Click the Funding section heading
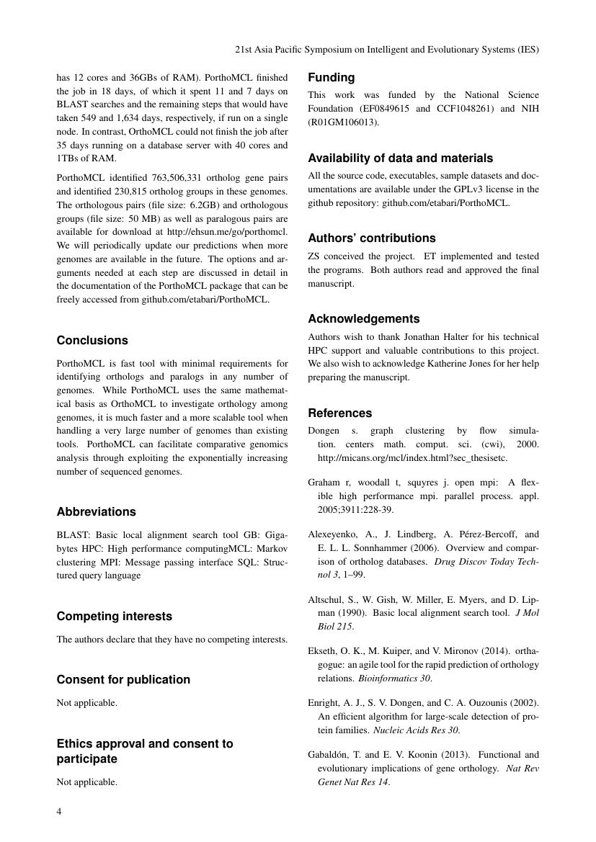coord(332,77)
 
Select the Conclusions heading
coord(92,340)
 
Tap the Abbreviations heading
coord(96,511)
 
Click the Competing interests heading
coord(114,617)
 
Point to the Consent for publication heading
coord(123,679)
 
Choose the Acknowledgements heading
coord(364,318)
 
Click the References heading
coord(340,413)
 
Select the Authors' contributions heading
coord(372,238)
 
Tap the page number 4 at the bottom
coord(59,811)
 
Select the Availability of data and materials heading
coord(401,158)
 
